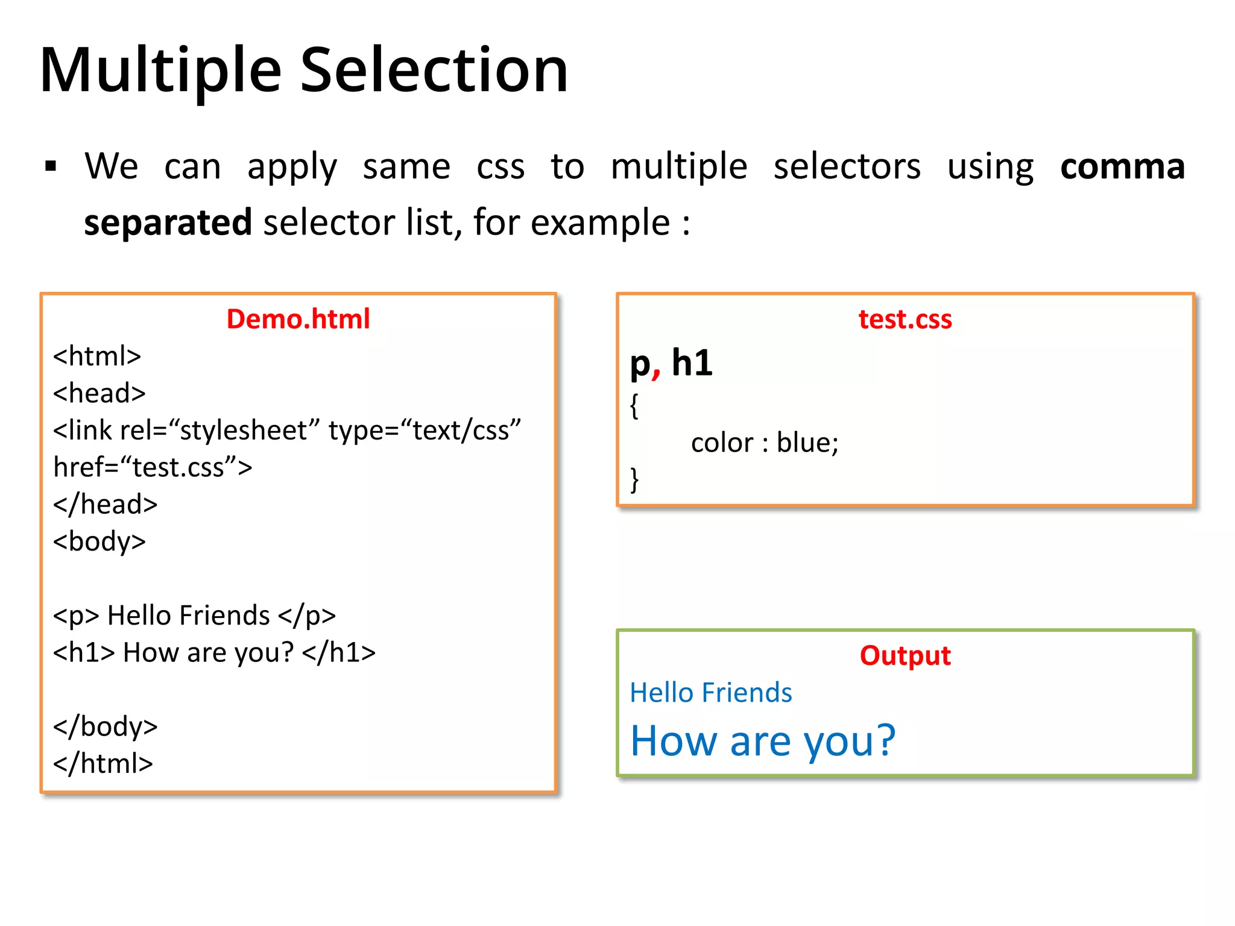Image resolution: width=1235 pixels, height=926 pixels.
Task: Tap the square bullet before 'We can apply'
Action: point(51,166)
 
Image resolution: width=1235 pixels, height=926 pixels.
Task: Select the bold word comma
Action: point(1122,166)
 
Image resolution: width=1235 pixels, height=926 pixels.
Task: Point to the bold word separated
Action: point(168,222)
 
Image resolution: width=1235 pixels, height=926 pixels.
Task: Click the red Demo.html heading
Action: point(298,319)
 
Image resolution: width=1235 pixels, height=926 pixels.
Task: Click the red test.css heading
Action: point(905,319)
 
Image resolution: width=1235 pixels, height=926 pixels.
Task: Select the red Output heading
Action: point(905,655)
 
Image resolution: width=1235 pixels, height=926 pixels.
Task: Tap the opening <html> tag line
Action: point(97,356)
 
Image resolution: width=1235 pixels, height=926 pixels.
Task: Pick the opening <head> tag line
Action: point(99,393)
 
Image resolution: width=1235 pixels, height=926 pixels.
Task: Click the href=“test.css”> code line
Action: point(153,467)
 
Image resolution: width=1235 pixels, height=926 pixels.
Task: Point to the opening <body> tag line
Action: point(99,541)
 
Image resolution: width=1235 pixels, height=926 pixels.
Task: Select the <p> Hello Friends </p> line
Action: point(194,616)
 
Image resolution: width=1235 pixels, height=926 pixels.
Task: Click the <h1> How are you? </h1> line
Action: point(214,652)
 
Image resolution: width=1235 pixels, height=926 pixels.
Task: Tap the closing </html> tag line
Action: point(103,763)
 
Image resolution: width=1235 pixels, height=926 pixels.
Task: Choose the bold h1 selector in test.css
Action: point(692,363)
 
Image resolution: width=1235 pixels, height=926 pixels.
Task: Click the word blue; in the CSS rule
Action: point(807,443)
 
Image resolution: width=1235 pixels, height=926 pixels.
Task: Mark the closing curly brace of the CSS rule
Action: point(634,480)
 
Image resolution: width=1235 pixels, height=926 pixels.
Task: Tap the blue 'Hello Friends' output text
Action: point(710,693)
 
